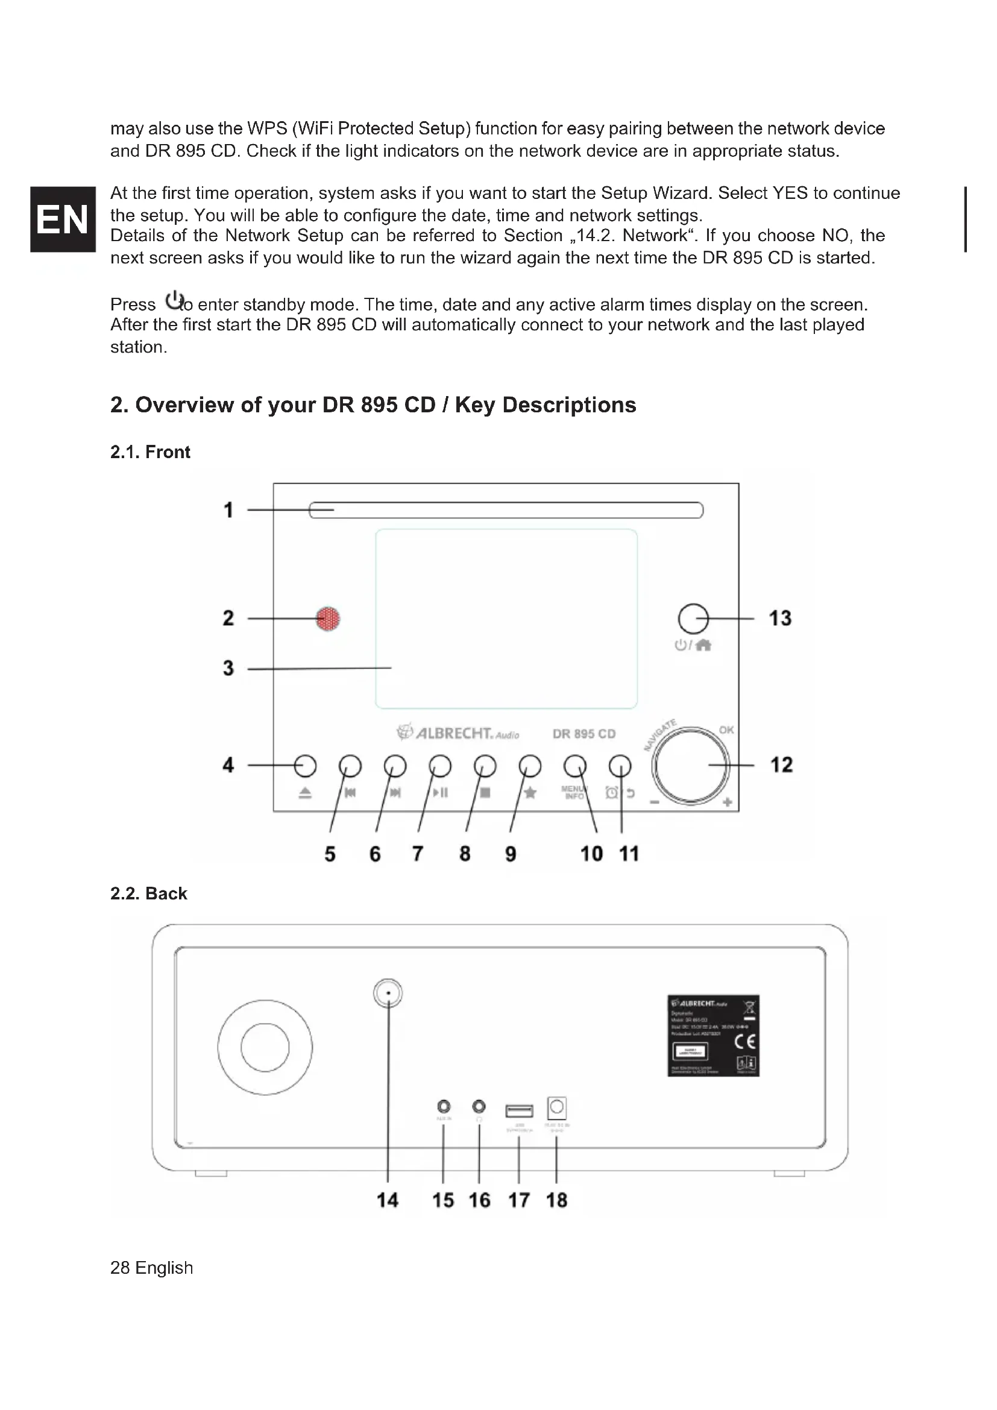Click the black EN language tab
pos(63,219)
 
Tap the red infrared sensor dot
pos(328,618)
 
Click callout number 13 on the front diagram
pos(779,618)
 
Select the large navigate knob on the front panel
pos(690,765)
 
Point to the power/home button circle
pos(693,618)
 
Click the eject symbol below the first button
pos(305,793)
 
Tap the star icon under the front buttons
pos(530,793)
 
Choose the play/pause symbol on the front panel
pos(441,793)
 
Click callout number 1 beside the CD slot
pos(228,511)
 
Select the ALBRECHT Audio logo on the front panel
pos(458,733)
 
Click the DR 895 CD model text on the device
pos(584,734)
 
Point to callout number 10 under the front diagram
pos(591,854)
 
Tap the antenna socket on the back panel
pos(388,993)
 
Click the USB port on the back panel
pos(519,1110)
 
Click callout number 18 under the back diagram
pos(556,1200)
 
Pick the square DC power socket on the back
pos(557,1108)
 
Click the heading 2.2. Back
pos(148,893)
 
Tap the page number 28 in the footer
pos(120,1268)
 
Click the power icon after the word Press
pos(174,301)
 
